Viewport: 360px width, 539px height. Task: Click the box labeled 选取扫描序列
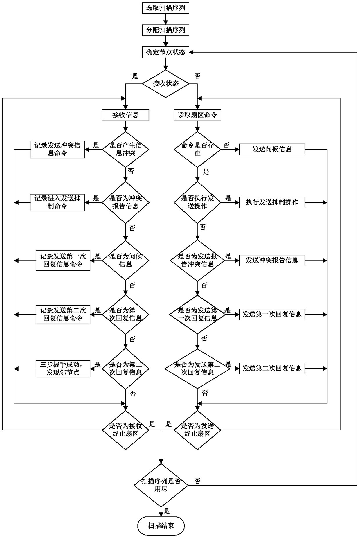pos(165,8)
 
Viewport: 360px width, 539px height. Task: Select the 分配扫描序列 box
pos(165,30)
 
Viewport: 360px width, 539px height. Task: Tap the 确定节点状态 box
pos(165,52)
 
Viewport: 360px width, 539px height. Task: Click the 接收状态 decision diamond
pos(165,84)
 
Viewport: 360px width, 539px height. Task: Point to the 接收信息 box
pos(125,115)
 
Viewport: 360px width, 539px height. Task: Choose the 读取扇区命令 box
pos(197,115)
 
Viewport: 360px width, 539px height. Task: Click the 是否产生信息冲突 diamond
pos(125,149)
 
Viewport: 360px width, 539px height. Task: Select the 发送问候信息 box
pos(272,149)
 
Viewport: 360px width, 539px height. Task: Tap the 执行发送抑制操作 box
pos(272,202)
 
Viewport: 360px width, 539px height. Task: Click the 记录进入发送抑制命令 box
pos(57,202)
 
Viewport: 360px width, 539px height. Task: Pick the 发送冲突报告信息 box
pos(272,260)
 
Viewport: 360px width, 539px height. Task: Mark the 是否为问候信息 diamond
pos(125,260)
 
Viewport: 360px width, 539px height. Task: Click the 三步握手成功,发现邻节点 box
pos(63,369)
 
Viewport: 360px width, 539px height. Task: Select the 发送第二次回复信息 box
pos(272,369)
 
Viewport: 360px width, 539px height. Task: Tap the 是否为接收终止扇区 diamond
pos(125,430)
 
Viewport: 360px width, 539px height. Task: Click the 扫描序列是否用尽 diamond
pos(161,485)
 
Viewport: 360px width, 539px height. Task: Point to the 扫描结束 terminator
pos(161,526)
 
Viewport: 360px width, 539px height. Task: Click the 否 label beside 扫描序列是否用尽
pos(197,481)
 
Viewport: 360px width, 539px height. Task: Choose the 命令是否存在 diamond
pos(197,149)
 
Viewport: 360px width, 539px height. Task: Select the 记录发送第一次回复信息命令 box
pos(63,260)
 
